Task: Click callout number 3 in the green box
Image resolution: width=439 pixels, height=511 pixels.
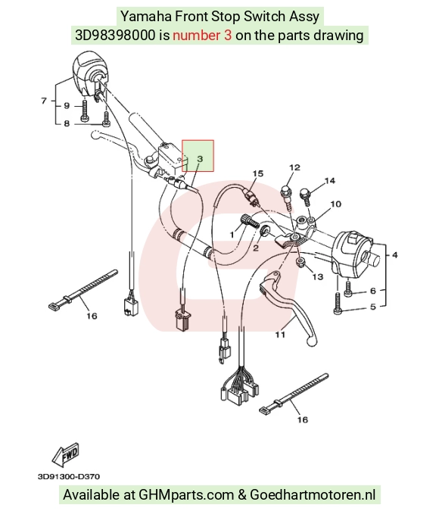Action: point(200,159)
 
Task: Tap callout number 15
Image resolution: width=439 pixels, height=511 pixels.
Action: point(257,173)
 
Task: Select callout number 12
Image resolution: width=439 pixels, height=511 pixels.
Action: point(294,167)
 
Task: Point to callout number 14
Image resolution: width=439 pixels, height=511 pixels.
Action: point(329,180)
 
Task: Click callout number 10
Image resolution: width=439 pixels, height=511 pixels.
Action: point(336,204)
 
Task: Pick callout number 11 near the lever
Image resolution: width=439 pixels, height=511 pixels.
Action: point(280,335)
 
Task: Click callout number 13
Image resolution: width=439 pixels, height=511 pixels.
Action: point(318,276)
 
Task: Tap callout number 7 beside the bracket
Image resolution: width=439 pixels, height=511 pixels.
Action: point(44,101)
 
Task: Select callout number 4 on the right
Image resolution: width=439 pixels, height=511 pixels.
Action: point(394,255)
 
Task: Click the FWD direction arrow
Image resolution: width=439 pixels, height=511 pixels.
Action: point(66,454)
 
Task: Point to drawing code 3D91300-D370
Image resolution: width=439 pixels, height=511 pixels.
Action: point(69,476)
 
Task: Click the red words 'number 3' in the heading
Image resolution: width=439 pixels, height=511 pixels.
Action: point(202,35)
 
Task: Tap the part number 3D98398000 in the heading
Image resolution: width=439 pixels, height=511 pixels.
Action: point(115,35)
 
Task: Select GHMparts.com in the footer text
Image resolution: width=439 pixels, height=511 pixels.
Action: point(186,494)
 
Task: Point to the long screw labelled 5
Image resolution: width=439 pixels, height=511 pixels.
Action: point(337,303)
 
